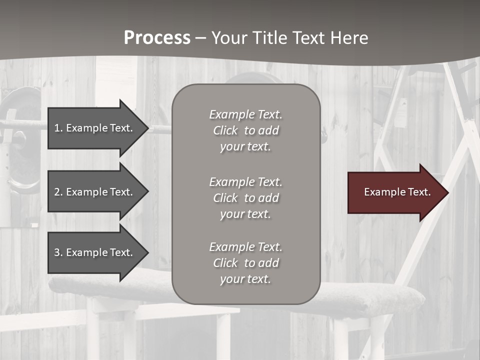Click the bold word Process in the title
pyautogui.click(x=157, y=38)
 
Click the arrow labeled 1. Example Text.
pyautogui.click(x=95, y=128)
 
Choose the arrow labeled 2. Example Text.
pyautogui.click(x=95, y=192)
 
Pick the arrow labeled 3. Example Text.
pyautogui.click(x=95, y=252)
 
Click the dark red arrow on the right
pyautogui.click(x=395, y=192)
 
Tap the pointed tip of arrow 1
pyautogui.click(x=147, y=128)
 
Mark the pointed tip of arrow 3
pyautogui.click(x=147, y=252)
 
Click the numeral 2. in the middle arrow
pyautogui.click(x=58, y=192)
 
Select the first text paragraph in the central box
pyautogui.click(x=245, y=130)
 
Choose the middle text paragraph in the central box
pyautogui.click(x=245, y=198)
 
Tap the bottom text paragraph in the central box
pyautogui.click(x=245, y=263)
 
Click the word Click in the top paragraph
pyautogui.click(x=225, y=130)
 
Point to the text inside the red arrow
pyautogui.click(x=397, y=192)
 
